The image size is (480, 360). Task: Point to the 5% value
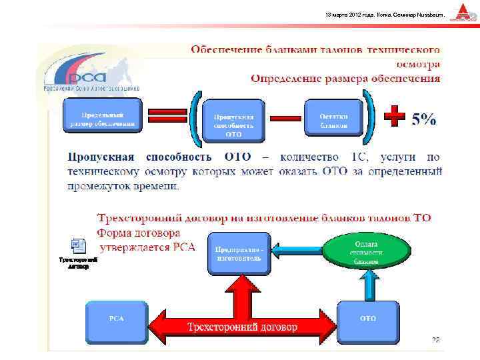pyautogui.click(x=424, y=119)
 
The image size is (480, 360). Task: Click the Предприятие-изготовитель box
pyautogui.click(x=239, y=253)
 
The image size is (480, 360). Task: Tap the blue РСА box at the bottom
pyautogui.click(x=116, y=319)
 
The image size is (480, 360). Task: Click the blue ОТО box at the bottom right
pyautogui.click(x=367, y=319)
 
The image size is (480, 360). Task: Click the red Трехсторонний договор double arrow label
pyautogui.click(x=242, y=326)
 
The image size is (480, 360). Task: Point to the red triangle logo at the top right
pyautogui.click(x=462, y=13)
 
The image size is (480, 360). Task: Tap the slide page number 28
pyautogui.click(x=435, y=340)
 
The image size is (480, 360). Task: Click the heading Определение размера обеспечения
pyautogui.click(x=345, y=79)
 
